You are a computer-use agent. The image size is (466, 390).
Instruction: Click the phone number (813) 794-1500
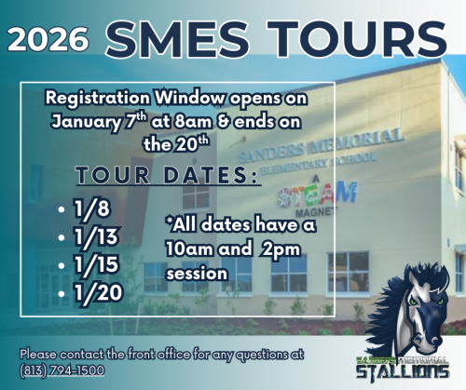tap(61, 370)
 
